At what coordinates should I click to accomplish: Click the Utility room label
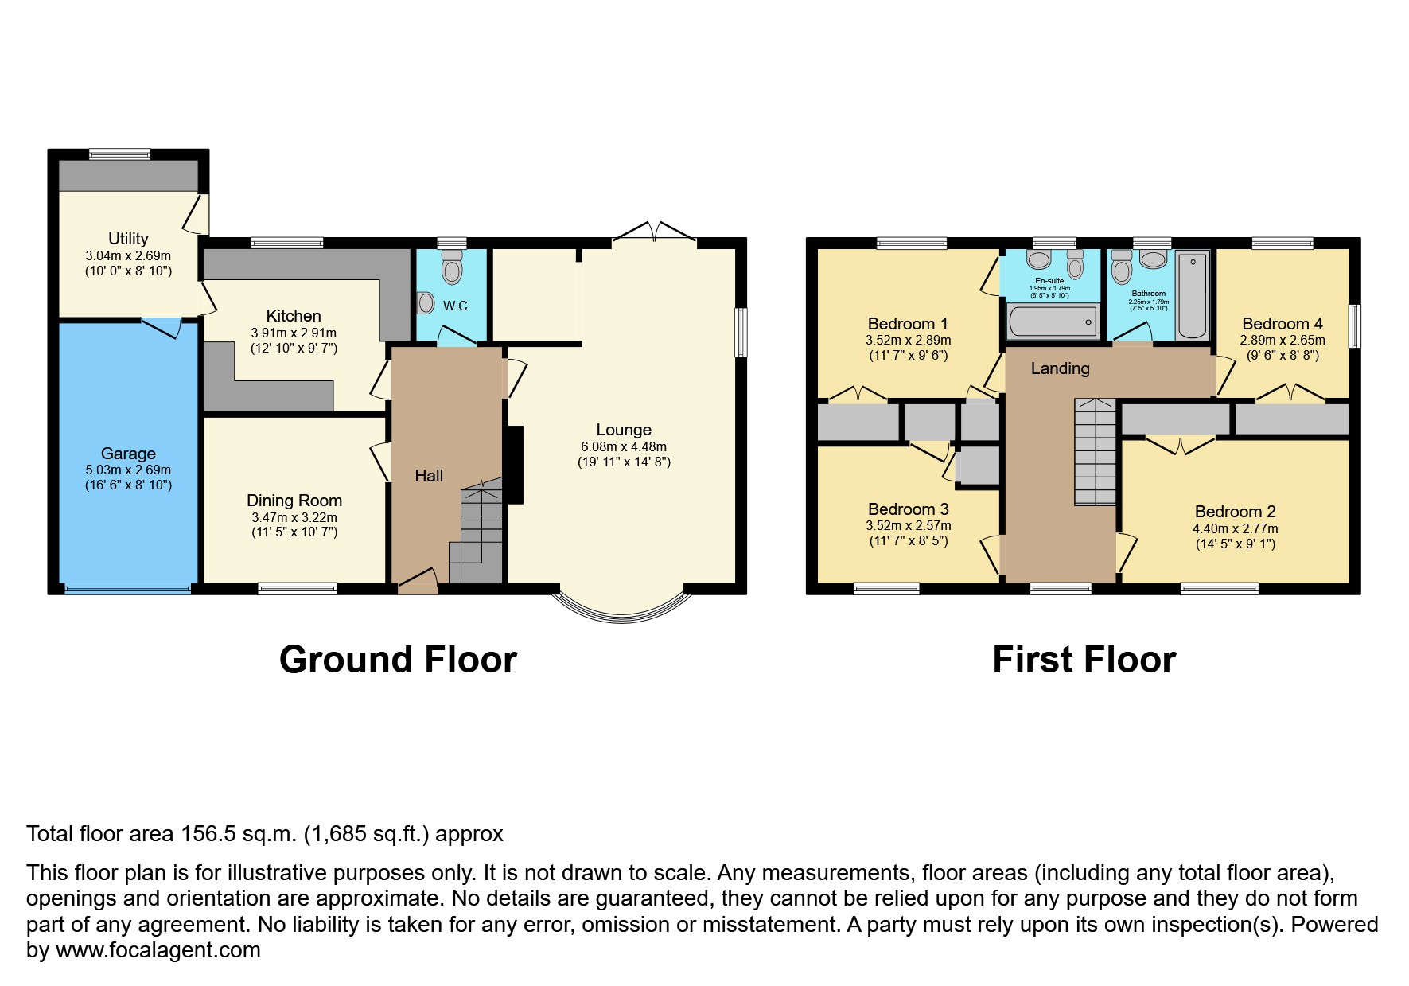click(128, 239)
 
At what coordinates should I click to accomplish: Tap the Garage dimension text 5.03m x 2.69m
click(128, 470)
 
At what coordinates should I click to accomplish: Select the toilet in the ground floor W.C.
click(452, 267)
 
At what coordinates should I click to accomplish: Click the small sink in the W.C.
click(426, 302)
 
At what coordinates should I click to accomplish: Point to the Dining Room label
click(294, 501)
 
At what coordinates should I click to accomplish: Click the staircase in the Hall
click(477, 533)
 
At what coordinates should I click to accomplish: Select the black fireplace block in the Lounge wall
click(516, 465)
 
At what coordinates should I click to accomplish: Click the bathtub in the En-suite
click(1052, 322)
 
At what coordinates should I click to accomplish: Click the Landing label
click(1060, 368)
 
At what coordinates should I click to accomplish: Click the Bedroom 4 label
click(1282, 324)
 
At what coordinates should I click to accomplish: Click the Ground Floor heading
click(398, 660)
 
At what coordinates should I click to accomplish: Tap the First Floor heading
click(1084, 660)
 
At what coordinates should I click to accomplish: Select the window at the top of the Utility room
click(119, 154)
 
